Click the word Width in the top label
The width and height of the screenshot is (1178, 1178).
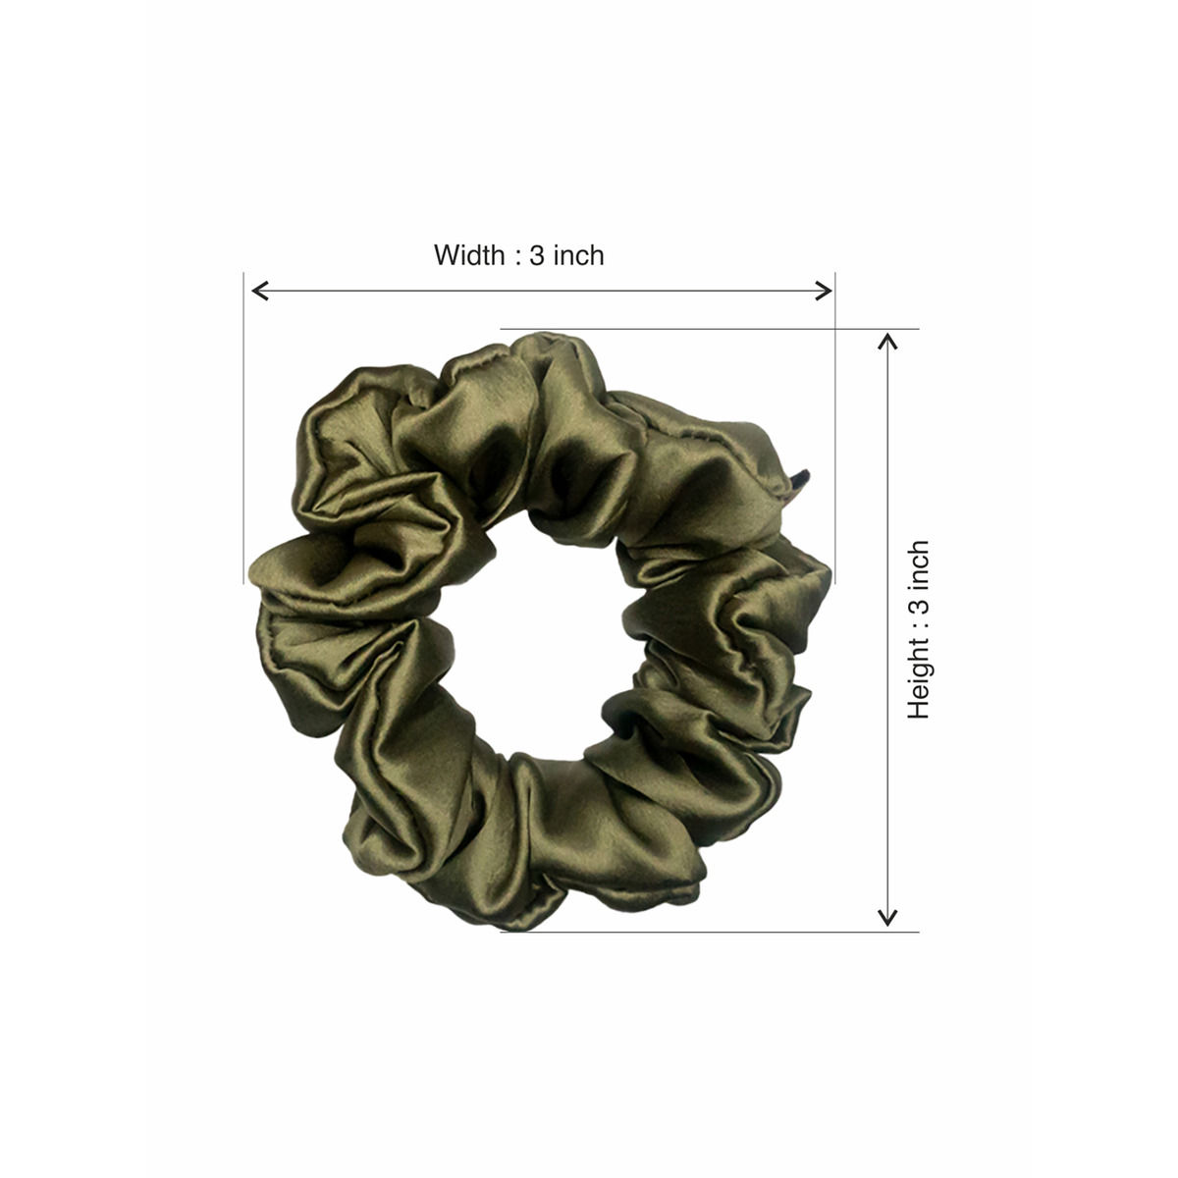tap(469, 255)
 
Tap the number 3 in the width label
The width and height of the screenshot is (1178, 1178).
tap(536, 255)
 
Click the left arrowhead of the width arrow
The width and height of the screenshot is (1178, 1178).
tap(260, 291)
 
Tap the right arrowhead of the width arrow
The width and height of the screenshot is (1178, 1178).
tap(824, 291)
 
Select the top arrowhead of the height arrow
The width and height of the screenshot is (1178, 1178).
tap(887, 341)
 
